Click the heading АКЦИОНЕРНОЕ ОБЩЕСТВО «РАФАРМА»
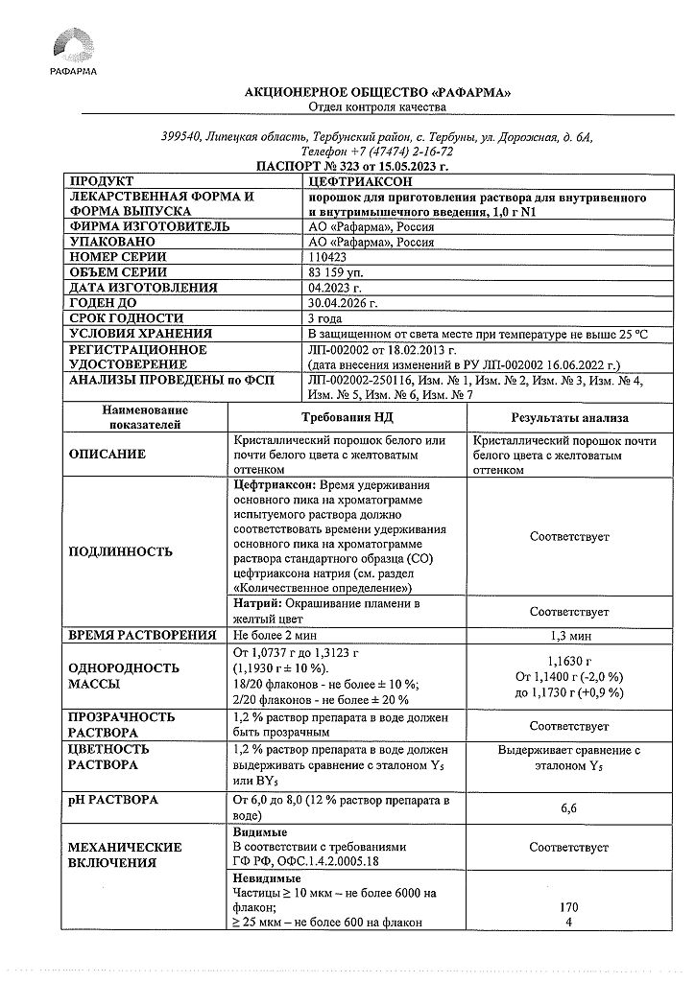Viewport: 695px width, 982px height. click(377, 92)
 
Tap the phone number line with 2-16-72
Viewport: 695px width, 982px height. click(376, 152)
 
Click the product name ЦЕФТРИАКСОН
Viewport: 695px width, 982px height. click(348, 180)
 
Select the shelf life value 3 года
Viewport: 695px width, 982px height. click(325, 318)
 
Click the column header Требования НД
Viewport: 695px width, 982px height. click(347, 417)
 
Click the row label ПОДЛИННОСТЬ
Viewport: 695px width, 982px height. click(121, 551)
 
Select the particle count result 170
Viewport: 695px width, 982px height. click(569, 905)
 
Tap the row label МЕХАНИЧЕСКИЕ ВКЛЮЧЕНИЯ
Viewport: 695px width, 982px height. click(125, 855)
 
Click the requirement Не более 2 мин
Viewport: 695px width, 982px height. click(276, 636)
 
